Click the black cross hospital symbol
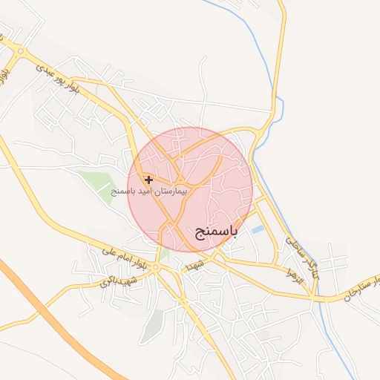tap(149, 180)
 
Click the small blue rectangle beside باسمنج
tap(258, 230)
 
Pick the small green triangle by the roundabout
tap(164, 255)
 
